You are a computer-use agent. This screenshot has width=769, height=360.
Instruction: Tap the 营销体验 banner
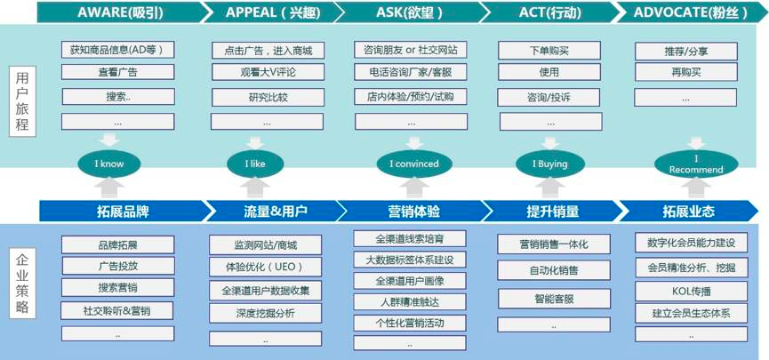411,211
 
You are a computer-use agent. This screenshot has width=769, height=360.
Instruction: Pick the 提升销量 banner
548,211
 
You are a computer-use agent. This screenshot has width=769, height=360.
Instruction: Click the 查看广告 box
117,72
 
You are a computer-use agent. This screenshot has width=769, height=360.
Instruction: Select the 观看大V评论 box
268,73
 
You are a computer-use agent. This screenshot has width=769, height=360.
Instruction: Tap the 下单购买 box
549,51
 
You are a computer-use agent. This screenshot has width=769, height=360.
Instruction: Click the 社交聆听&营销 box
117,310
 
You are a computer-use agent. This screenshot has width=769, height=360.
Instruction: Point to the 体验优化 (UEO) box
266,267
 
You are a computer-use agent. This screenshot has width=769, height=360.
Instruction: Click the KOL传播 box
685,290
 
